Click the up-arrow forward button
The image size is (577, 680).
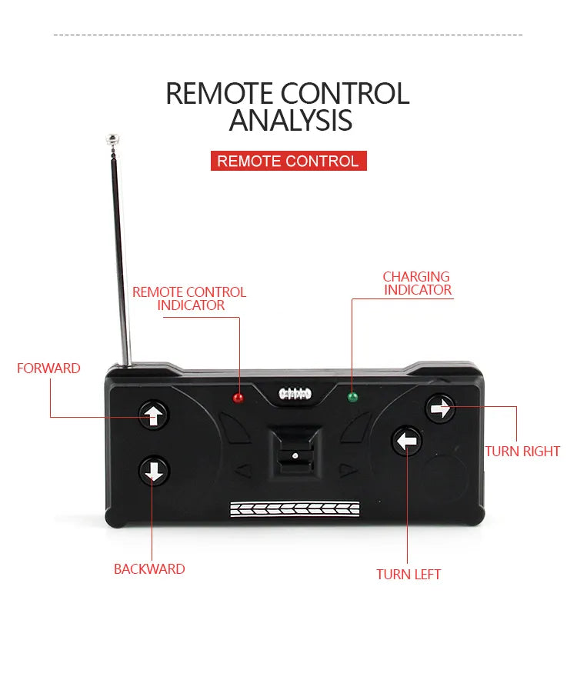coord(153,415)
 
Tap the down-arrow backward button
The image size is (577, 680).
coord(154,471)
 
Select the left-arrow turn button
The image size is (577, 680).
coord(406,441)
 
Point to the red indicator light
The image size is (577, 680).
coord(238,398)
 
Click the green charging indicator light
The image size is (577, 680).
coord(352,397)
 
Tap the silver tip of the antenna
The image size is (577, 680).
coord(112,138)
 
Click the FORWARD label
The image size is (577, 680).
coord(48,368)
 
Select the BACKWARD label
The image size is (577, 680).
coord(149,569)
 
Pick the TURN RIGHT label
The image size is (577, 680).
coord(522,452)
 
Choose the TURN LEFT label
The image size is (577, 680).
coord(409,575)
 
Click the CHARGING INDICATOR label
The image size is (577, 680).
coord(417,283)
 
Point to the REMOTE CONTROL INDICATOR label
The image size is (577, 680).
coord(189,298)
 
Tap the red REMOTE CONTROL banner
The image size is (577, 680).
coord(288,161)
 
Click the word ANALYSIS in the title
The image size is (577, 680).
coord(290,120)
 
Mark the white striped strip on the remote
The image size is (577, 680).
coord(295,509)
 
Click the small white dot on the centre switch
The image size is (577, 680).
coord(295,456)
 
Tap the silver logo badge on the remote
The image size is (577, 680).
coord(295,394)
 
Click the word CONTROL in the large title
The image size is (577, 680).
coord(345,93)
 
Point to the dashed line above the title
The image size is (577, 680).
coord(288,35)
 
